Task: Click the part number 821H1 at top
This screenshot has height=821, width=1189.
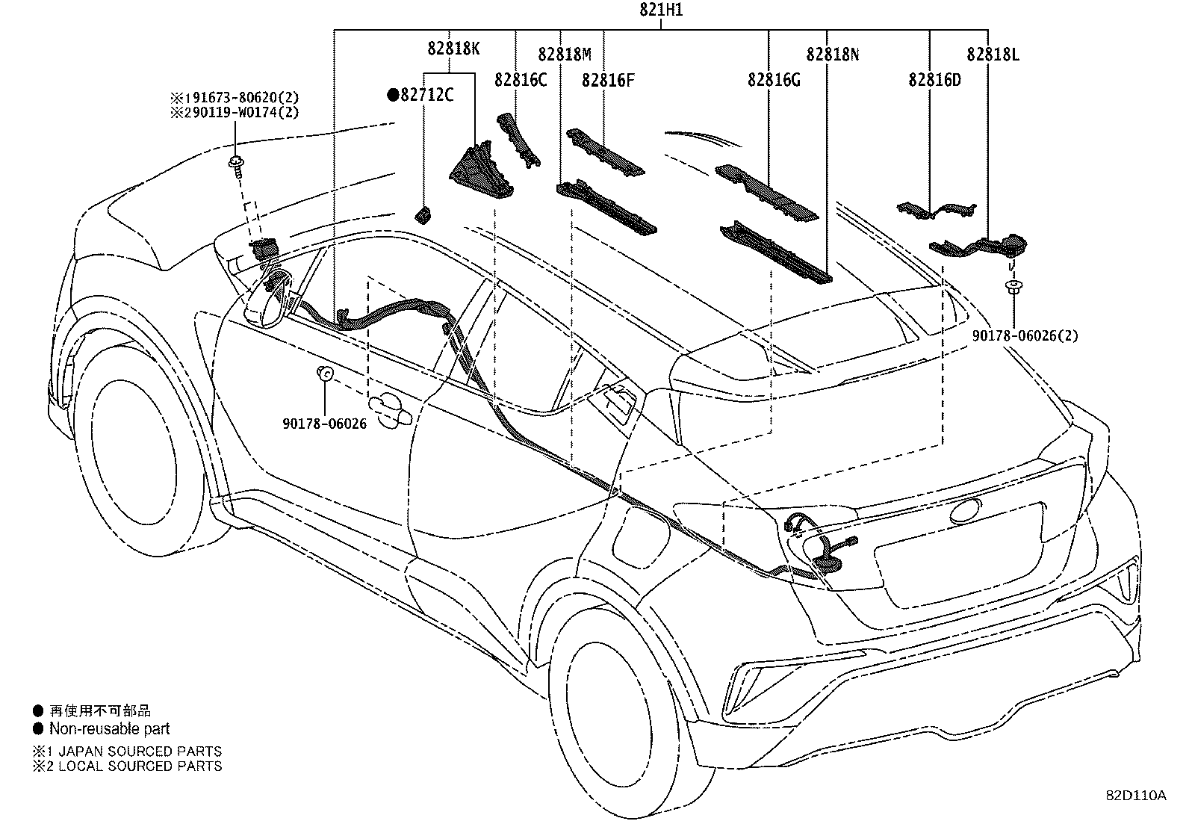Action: pyautogui.click(x=660, y=11)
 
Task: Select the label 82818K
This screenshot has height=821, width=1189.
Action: pyautogui.click(x=453, y=49)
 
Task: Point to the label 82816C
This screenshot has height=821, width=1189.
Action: pyautogui.click(x=521, y=80)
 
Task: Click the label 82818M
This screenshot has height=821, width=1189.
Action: pyautogui.click(x=565, y=55)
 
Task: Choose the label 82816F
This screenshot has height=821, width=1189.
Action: pyautogui.click(x=608, y=80)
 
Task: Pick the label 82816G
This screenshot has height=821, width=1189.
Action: pyautogui.click(x=774, y=80)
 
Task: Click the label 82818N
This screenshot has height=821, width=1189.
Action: pyautogui.click(x=833, y=55)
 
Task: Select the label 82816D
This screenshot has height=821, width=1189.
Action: pyautogui.click(x=934, y=80)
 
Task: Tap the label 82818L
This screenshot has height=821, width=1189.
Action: pyautogui.click(x=993, y=55)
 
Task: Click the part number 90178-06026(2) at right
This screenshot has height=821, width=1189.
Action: pyautogui.click(x=1025, y=336)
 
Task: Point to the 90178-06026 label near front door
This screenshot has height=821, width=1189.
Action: pyautogui.click(x=325, y=424)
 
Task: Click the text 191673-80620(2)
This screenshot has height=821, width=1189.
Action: pyautogui.click(x=235, y=98)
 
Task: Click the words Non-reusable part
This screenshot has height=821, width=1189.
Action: pyautogui.click(x=109, y=728)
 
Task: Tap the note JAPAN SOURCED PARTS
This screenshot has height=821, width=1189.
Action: pyautogui.click(x=134, y=751)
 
